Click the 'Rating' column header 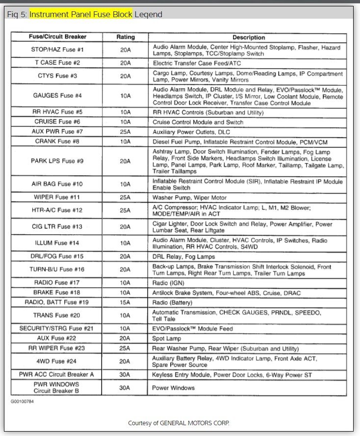126,37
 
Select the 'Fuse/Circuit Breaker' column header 57,37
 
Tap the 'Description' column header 248,37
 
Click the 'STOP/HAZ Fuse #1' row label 57,50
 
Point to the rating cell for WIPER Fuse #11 126,197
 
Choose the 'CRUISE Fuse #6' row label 57,122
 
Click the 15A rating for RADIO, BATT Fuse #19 126,302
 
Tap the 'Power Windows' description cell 174,388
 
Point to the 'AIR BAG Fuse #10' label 57,184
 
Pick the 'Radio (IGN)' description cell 168,283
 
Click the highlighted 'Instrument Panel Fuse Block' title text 81,14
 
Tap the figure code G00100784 23,401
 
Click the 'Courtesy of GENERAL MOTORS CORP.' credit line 179,423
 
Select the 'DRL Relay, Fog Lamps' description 184,256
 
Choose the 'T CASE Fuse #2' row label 57,63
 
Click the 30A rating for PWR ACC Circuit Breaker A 126,375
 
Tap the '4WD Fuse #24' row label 57,361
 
